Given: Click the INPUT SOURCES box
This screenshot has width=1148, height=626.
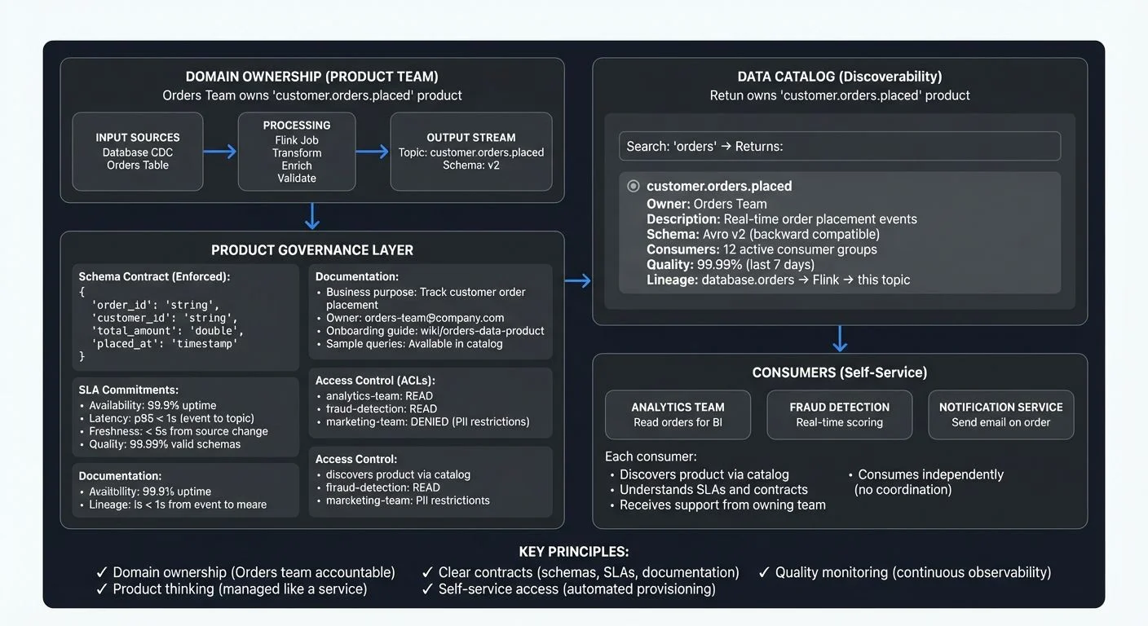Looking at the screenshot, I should tap(137, 152).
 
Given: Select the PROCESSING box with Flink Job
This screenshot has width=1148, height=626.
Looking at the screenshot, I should tap(297, 152).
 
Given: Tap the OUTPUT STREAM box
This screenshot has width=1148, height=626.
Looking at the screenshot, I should tap(471, 152).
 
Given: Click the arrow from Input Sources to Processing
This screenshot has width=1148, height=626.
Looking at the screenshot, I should tap(220, 152).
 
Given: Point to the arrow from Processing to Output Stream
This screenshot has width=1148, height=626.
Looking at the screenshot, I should tap(373, 152).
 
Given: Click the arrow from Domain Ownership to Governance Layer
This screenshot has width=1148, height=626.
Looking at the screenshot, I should tap(311, 216).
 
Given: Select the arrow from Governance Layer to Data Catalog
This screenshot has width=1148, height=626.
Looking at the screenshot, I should tap(577, 281).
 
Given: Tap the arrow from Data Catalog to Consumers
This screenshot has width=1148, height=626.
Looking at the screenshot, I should tap(840, 338).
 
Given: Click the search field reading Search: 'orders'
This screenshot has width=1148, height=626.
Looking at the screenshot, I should tap(840, 147).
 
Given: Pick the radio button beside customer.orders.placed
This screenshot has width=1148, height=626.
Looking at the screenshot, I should tap(634, 186).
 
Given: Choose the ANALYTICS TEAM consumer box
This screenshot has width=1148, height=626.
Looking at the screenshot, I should tap(678, 414).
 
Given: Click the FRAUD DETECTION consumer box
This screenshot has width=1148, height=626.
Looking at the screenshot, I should tap(839, 414).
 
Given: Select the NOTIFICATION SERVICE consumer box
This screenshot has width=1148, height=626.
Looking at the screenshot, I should tap(1000, 414).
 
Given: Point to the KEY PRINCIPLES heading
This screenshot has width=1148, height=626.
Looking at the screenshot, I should tap(574, 551).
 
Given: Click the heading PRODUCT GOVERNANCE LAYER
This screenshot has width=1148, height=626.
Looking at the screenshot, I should tap(312, 250).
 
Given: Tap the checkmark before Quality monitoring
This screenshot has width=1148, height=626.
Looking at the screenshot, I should tap(764, 572).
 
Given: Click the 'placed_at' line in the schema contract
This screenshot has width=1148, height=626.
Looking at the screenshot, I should tap(164, 344).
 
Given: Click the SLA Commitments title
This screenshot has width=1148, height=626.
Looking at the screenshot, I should tap(129, 390).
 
